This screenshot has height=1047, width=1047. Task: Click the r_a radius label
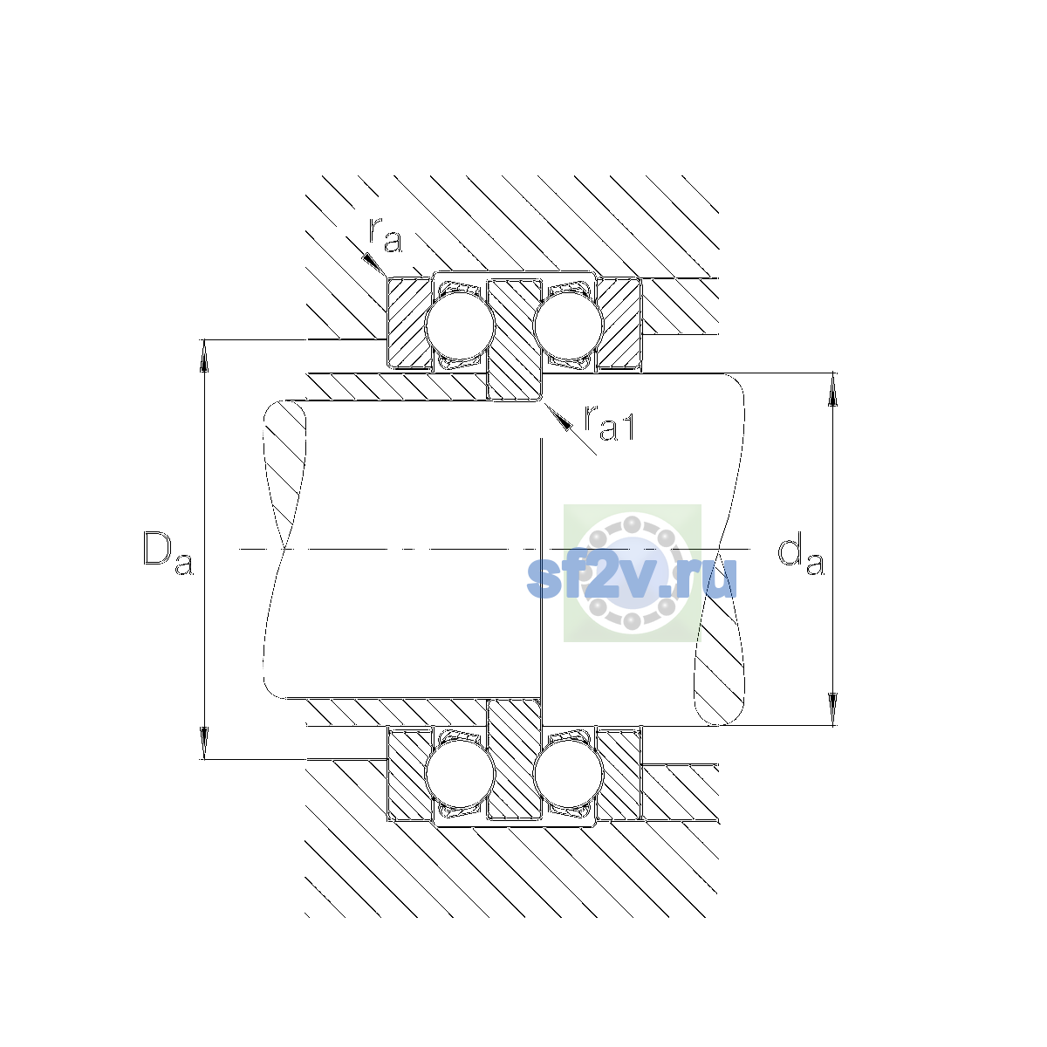tap(385, 235)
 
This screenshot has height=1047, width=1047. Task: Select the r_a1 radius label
tap(609, 422)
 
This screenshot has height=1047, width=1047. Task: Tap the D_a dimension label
tap(168, 552)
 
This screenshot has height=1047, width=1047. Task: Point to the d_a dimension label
tap(801, 555)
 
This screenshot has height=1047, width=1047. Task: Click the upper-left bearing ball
tap(460, 326)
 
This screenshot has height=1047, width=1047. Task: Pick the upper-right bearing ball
tap(568, 326)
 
